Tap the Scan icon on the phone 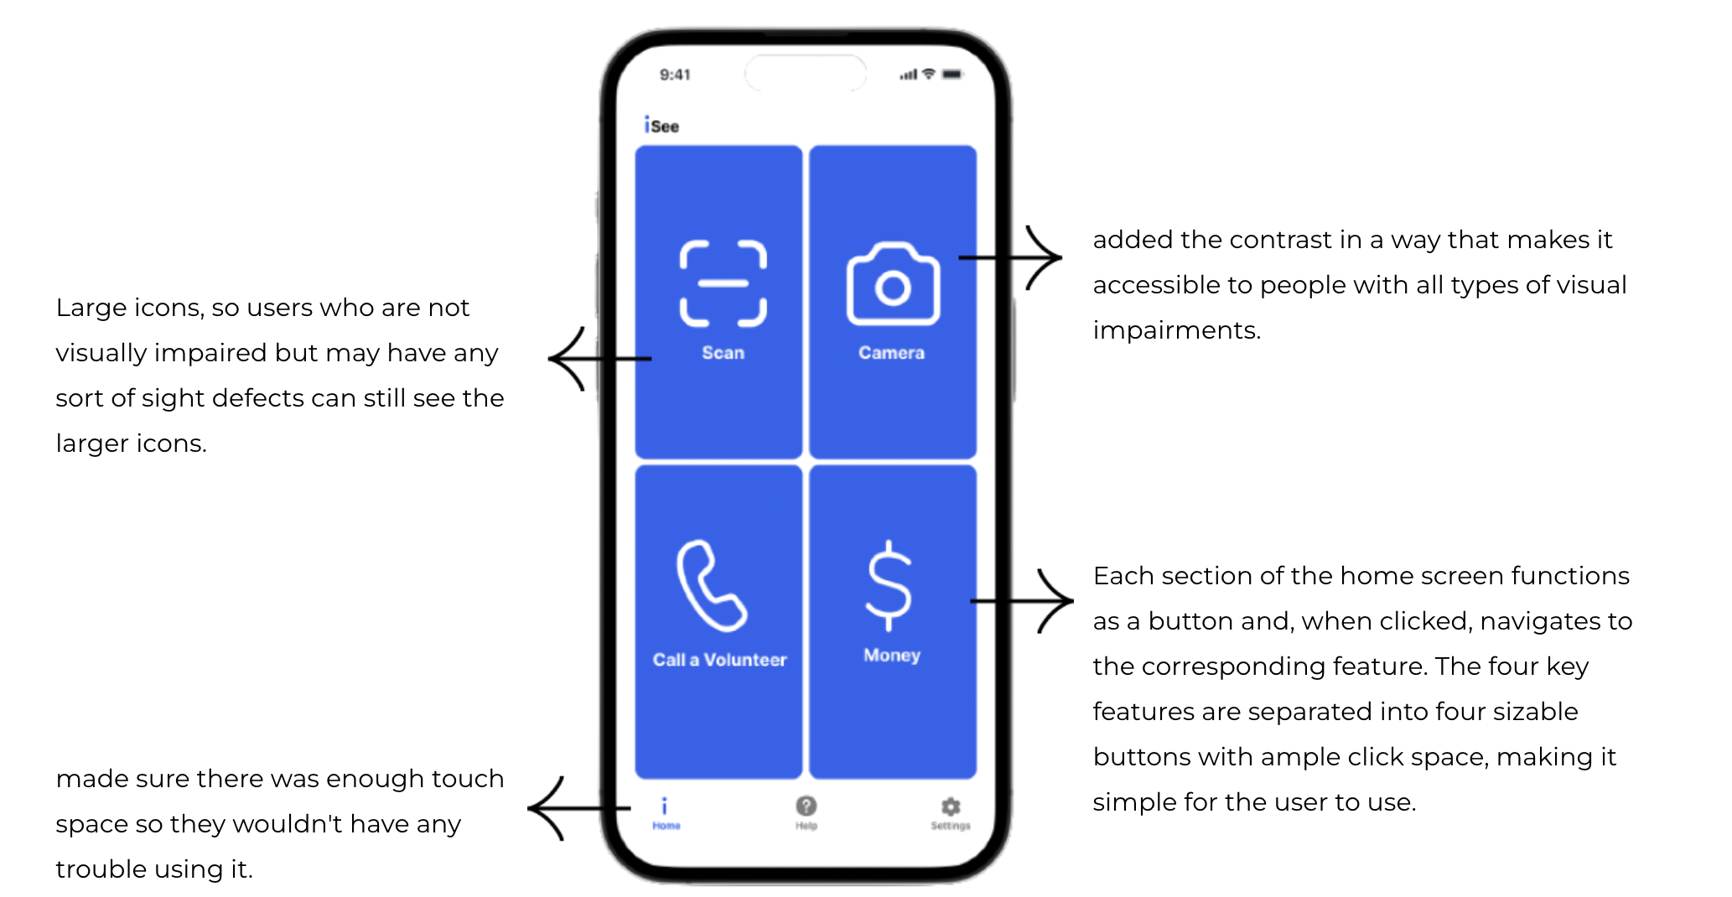(723, 283)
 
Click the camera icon (893, 284)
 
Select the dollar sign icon (889, 585)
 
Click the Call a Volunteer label (719, 660)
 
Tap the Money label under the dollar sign (892, 655)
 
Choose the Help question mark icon (806, 806)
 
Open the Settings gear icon (950, 806)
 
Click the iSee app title (661, 126)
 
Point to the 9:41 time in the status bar (675, 75)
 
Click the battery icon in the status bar (952, 74)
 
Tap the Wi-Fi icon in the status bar (929, 74)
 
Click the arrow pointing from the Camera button (1014, 257)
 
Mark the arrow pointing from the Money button (1024, 601)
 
